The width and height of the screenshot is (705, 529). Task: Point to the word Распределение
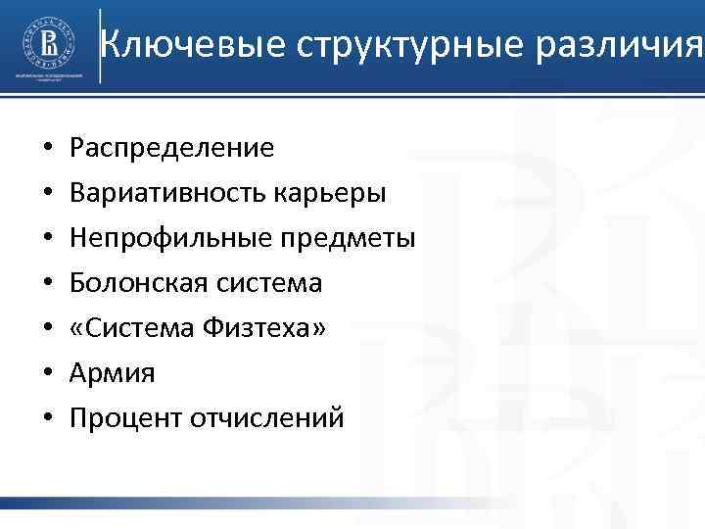173,148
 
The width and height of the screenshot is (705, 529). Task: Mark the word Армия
113,373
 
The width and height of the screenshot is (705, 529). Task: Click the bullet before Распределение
48,149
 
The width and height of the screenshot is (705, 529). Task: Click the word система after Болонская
267,283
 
